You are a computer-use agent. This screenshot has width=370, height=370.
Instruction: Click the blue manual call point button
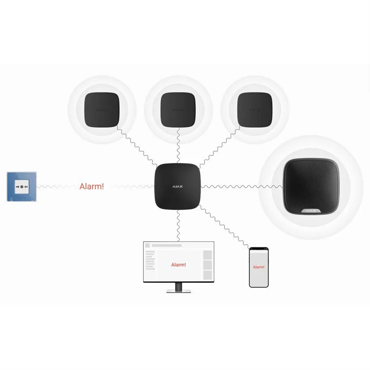point(21,187)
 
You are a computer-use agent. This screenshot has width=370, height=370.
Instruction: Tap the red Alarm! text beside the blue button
point(92,186)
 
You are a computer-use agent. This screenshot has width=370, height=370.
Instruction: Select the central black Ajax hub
point(178,187)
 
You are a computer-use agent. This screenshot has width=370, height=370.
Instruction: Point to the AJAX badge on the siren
point(311,211)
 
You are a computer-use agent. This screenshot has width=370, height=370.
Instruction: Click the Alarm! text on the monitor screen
point(178,265)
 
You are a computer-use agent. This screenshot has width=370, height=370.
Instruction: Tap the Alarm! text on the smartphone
point(259,267)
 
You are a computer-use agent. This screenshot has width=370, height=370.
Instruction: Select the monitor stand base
point(178,291)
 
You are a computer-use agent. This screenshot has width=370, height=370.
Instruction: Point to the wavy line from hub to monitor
point(178,226)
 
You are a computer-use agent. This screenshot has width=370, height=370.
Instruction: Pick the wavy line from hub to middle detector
point(178,146)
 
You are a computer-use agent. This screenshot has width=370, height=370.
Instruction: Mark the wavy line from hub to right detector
point(220,146)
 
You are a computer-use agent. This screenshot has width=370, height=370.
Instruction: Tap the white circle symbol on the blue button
point(21,187)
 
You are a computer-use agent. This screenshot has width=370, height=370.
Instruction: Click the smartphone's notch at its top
point(259,249)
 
